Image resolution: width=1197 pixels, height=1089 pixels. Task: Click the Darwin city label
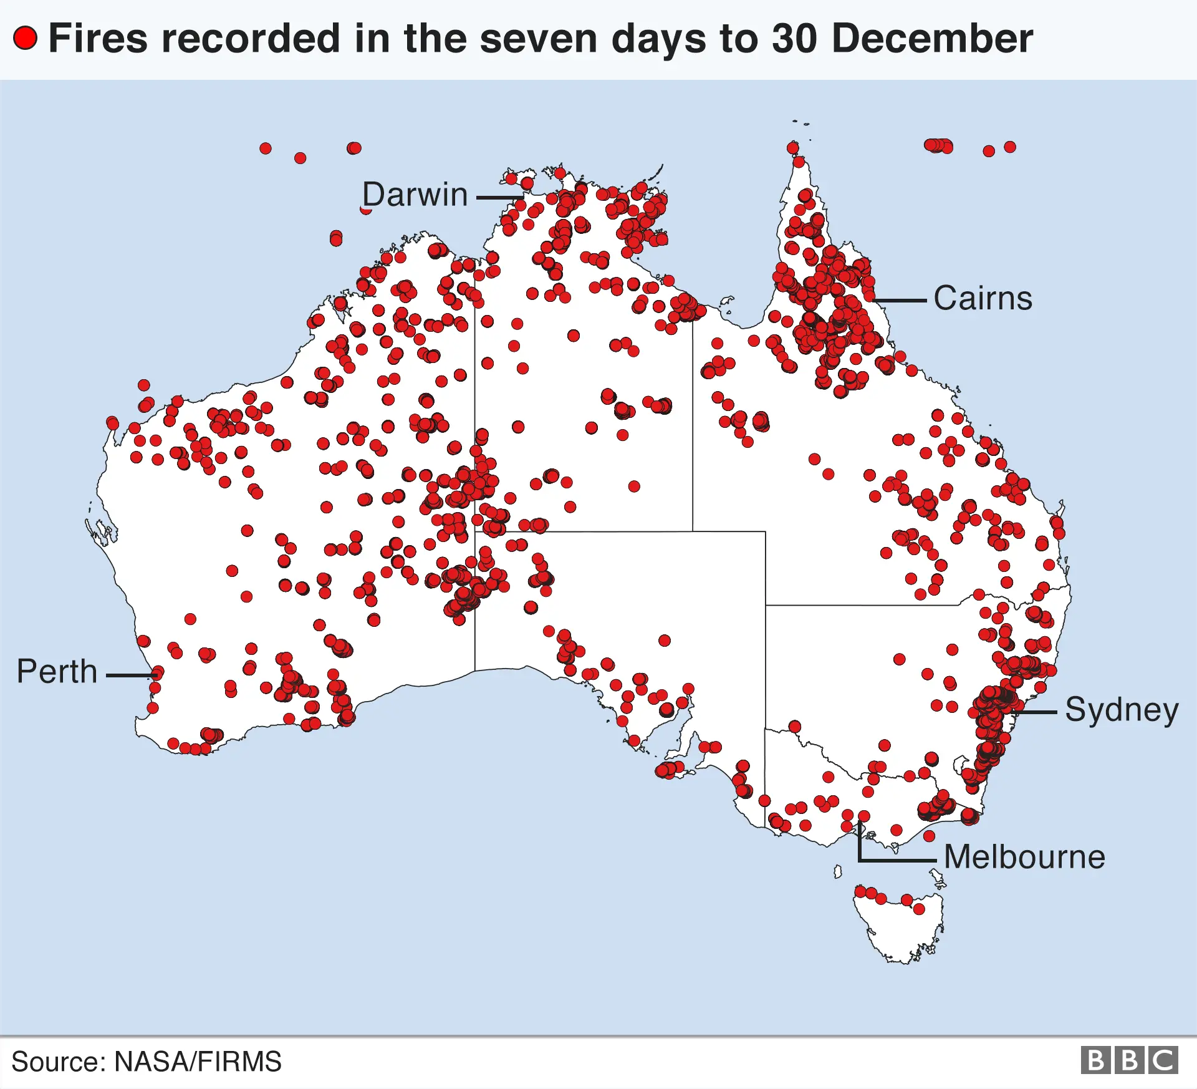tap(415, 195)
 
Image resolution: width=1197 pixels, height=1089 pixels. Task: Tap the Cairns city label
tap(983, 298)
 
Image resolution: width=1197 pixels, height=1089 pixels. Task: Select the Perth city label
tap(57, 672)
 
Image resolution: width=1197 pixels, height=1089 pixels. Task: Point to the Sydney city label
tap(1122, 710)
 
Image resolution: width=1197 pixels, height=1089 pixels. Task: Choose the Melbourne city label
tap(1024, 857)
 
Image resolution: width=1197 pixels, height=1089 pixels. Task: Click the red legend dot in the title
tap(26, 38)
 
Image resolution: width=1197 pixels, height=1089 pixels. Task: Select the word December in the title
tap(932, 38)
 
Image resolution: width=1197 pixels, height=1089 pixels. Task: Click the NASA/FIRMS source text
tap(198, 1062)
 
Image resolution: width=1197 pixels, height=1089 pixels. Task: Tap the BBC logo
tap(1129, 1060)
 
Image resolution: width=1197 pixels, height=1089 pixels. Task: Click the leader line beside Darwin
tap(499, 198)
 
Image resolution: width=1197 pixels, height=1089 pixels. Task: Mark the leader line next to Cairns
tap(901, 301)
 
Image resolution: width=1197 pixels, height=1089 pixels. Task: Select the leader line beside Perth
tap(130, 675)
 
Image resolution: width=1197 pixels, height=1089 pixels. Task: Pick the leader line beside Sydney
tap(1035, 712)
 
